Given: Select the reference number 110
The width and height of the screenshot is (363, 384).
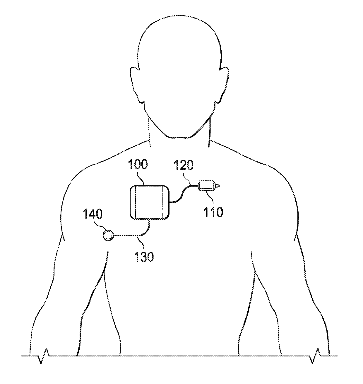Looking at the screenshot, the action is (213, 212).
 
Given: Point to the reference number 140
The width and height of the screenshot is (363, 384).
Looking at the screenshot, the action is (93, 214).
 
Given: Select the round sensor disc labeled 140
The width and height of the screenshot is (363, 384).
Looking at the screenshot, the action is (108, 235).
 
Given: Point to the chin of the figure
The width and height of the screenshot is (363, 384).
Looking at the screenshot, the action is (179, 137).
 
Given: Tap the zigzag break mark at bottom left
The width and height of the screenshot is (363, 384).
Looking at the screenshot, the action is (44, 356).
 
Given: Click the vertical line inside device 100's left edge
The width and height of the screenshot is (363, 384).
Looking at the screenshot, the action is (136, 202).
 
